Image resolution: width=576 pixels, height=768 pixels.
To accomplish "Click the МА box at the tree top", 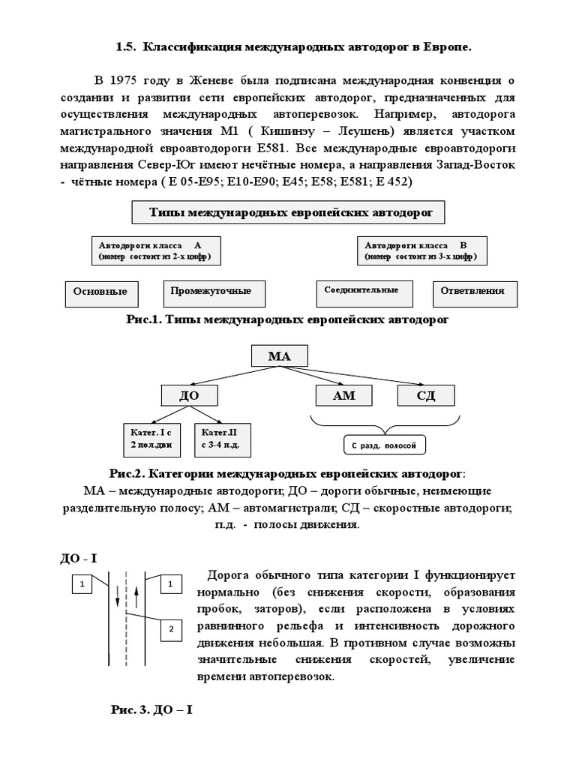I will (279, 355).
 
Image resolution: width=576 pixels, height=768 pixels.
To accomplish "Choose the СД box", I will (426, 395).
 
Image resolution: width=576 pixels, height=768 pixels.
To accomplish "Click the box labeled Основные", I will (100, 292).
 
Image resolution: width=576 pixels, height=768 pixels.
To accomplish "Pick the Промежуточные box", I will (210, 291).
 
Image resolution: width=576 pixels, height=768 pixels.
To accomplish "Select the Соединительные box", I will (361, 291).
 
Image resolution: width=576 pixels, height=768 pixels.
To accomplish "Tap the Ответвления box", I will (472, 291).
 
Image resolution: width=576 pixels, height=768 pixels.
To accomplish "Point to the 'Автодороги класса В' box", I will (426, 250).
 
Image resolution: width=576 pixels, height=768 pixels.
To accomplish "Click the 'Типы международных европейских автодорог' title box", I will (289, 212).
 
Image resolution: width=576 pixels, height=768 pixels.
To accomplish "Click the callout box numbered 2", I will (170, 628).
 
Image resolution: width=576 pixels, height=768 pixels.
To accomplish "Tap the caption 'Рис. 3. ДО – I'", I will (152, 709).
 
